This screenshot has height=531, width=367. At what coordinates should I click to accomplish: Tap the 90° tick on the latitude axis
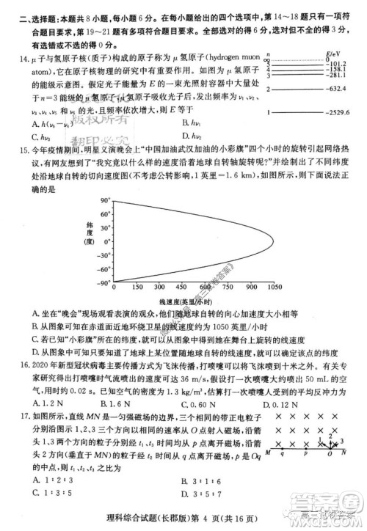click(92, 199)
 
